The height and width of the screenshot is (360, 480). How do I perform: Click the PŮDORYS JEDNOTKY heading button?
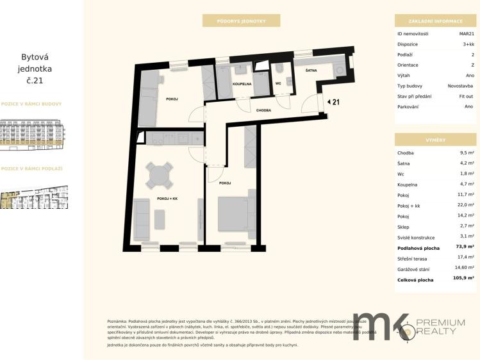point(241,21)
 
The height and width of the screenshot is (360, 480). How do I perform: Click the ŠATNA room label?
point(311,70)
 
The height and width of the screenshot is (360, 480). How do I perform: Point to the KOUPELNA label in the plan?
point(242,83)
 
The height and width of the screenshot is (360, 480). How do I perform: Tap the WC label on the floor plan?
point(278,83)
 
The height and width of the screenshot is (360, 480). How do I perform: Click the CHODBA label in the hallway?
point(263,110)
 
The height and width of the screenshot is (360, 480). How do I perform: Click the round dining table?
point(159,174)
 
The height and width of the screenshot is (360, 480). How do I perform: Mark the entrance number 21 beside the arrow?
point(336,101)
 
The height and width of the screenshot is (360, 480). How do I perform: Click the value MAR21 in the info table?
point(466,33)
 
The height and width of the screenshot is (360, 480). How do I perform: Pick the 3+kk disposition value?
point(468,44)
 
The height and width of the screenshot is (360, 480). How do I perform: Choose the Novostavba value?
point(460,85)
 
